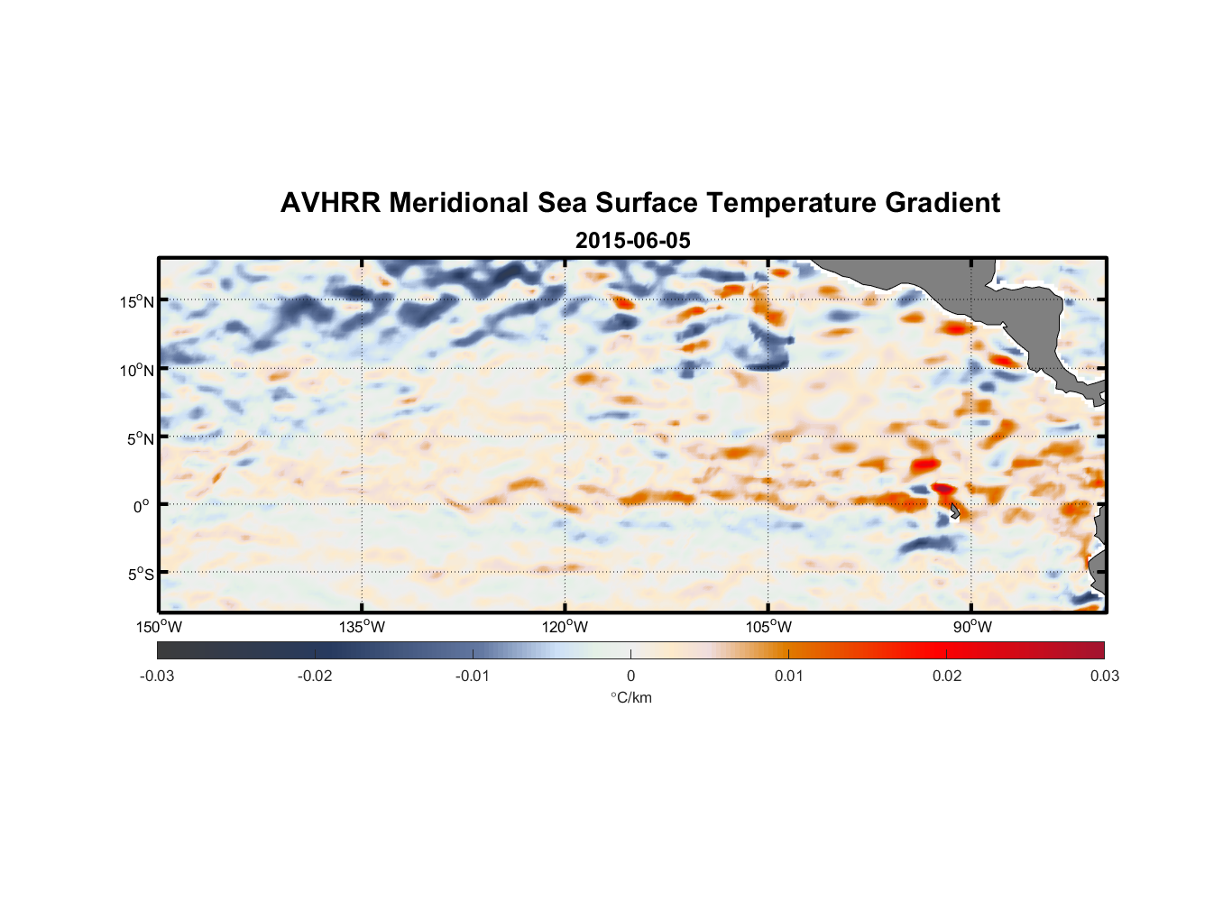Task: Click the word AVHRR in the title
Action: click(330, 203)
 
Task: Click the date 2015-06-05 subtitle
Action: click(632, 241)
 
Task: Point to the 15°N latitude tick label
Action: click(137, 301)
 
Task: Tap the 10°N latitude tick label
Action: click(137, 370)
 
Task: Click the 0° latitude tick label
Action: click(142, 506)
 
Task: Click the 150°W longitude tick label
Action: click(159, 627)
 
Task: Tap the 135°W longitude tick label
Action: click(362, 627)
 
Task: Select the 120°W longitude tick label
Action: click(565, 627)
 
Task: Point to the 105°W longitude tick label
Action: click(768, 627)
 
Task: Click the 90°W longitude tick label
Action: click(971, 627)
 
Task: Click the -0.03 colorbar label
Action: click(157, 676)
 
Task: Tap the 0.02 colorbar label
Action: click(946, 676)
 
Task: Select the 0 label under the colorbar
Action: click(630, 676)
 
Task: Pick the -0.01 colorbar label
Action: click(473, 676)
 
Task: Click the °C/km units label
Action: click(631, 697)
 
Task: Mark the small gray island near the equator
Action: click(955, 511)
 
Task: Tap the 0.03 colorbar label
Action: click(1104, 676)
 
